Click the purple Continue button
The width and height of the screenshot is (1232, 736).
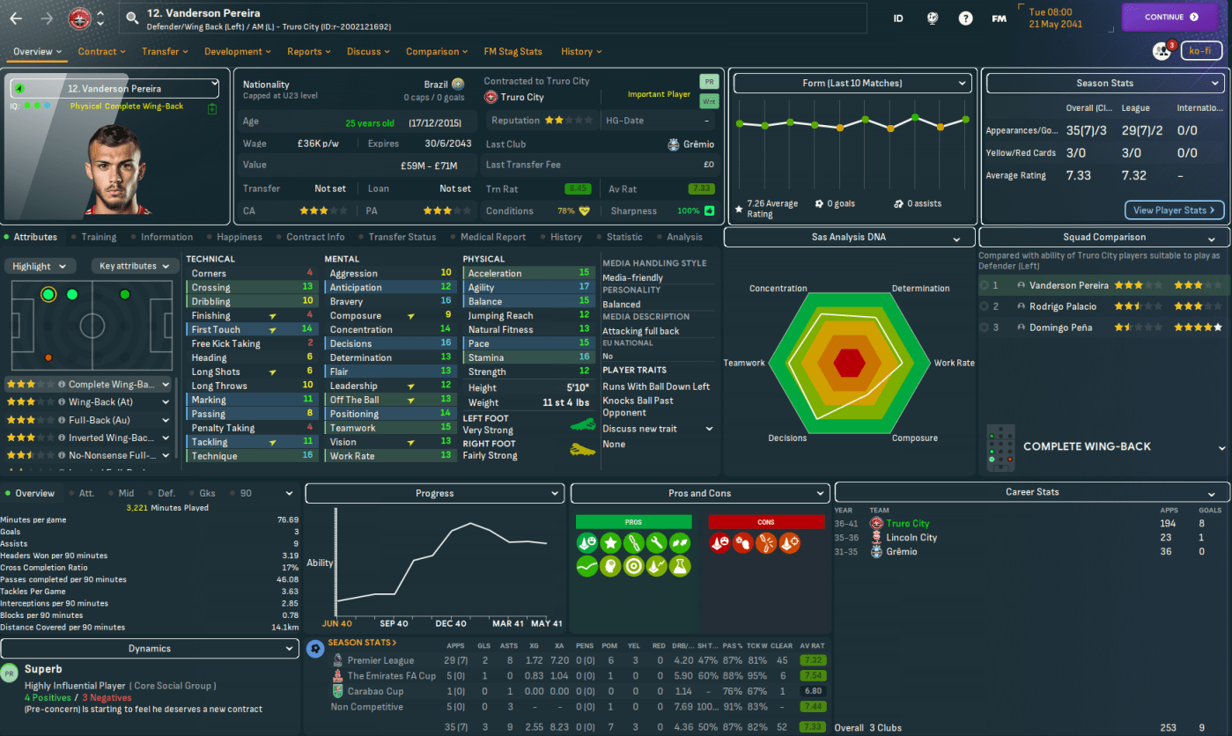click(x=1170, y=17)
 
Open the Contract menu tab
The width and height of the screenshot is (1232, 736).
click(x=100, y=52)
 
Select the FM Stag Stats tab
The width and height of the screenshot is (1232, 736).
click(x=513, y=52)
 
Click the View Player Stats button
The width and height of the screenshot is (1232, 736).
click(x=1174, y=210)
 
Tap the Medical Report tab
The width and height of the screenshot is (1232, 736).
click(x=492, y=237)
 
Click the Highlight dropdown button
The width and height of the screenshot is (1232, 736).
click(x=41, y=266)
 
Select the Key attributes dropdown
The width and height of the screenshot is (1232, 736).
click(x=134, y=266)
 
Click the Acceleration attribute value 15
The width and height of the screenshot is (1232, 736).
click(x=584, y=274)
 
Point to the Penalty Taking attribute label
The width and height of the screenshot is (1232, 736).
click(x=224, y=429)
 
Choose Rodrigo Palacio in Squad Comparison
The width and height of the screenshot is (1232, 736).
click(x=1063, y=306)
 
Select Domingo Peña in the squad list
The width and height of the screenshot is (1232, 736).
click(x=1060, y=328)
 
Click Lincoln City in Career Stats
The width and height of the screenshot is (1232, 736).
click(x=911, y=538)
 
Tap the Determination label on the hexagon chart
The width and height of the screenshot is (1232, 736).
click(x=920, y=289)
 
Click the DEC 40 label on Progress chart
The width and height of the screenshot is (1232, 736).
click(x=449, y=623)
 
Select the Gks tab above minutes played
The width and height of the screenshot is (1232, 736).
click(x=207, y=494)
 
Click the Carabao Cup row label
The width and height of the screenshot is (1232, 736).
click(x=375, y=691)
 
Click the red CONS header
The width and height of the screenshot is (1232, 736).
click(x=765, y=522)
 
